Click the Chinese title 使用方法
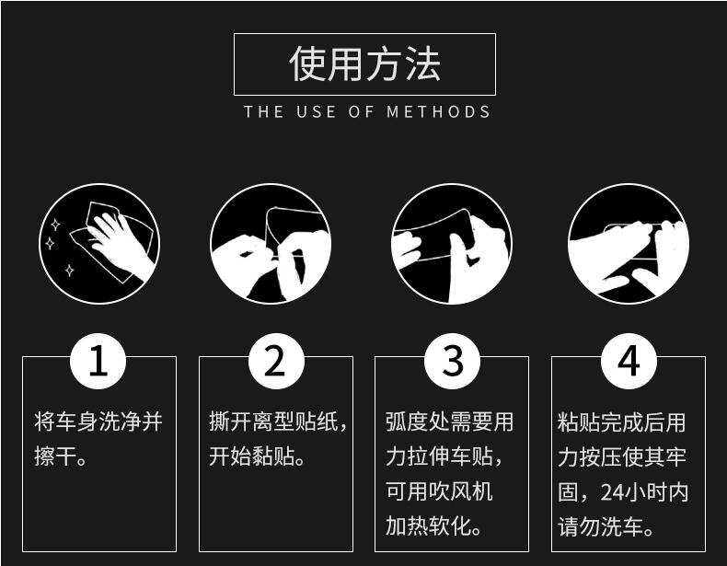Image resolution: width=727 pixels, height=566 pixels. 364,64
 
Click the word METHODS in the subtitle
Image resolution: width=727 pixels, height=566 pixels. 438,112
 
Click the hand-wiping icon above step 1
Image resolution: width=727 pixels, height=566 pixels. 99,244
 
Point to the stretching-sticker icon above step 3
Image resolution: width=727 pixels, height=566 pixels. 451,244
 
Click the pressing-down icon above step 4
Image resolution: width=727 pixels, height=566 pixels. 629,244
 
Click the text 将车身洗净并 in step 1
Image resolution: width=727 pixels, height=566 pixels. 98,422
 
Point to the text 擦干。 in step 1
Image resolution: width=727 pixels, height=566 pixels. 61,457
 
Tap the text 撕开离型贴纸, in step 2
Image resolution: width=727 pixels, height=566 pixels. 278,422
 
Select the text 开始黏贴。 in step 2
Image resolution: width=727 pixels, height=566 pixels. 257,457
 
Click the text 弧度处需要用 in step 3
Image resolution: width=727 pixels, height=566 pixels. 449,422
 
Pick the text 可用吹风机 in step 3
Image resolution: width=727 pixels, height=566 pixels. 439,492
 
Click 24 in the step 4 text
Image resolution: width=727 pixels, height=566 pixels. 613,493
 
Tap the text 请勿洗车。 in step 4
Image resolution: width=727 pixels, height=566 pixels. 606,527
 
